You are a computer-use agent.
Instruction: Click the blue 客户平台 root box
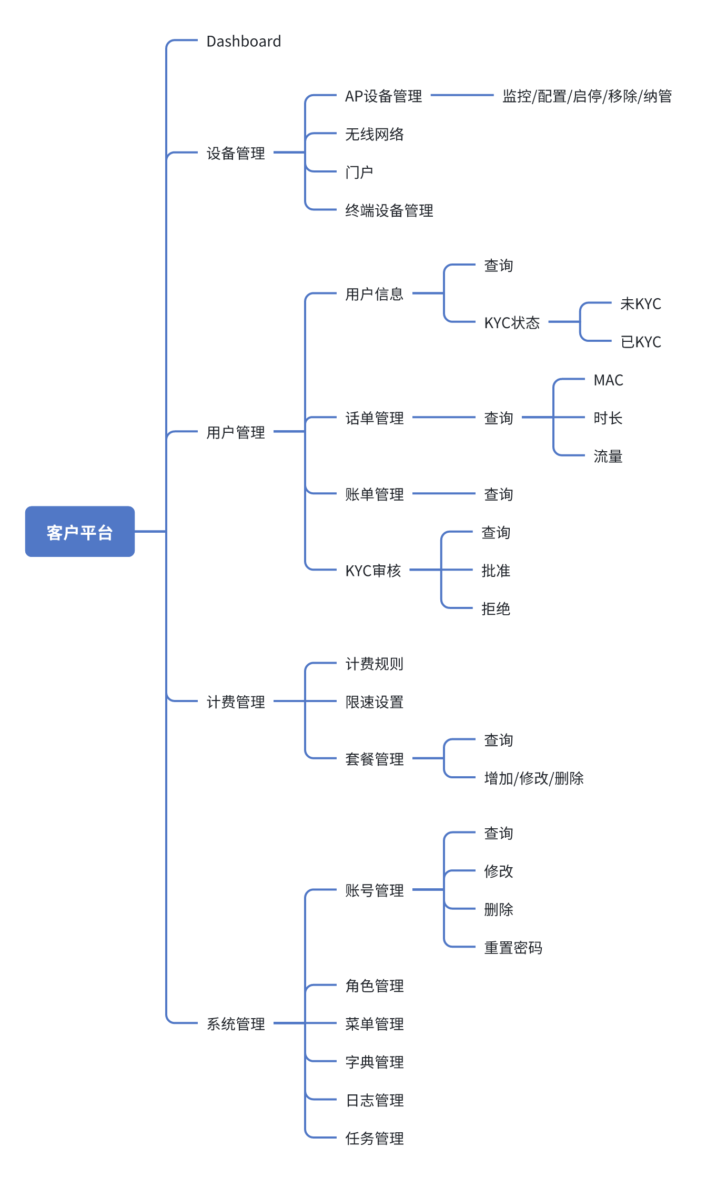pos(80,532)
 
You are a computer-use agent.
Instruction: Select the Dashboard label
pos(244,41)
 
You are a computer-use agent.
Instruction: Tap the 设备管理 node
pos(236,153)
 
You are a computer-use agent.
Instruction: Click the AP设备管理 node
pos(383,96)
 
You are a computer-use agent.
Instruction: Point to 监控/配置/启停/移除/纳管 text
pos(587,96)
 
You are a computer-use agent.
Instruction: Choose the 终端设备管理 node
pos(389,210)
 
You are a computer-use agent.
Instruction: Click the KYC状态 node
pos(512,322)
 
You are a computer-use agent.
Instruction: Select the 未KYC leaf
pos(640,303)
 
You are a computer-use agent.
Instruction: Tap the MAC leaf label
pos(608,380)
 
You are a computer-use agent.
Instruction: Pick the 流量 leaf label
pos(608,456)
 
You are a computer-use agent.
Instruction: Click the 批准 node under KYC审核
pos(496,571)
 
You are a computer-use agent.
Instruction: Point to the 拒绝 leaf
pos(496,608)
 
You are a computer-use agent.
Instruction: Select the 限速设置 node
pos(375,702)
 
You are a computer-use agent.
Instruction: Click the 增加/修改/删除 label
pos(534,778)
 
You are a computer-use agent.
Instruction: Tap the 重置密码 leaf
pos(513,947)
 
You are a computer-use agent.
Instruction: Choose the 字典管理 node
pos(375,1062)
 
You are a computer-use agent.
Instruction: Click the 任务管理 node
pos(375,1138)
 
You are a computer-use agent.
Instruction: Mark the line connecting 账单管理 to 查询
pos(443,494)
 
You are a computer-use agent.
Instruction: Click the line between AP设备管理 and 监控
pos(462,95)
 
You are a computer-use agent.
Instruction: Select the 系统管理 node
pos(236,1023)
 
